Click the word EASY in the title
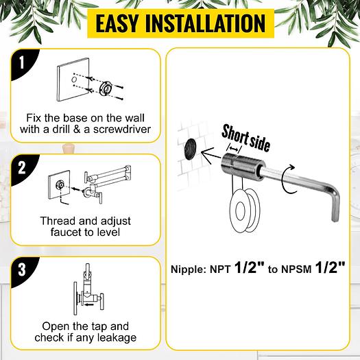tap(122, 23)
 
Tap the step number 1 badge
tap(22, 64)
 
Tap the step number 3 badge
tap(22, 269)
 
